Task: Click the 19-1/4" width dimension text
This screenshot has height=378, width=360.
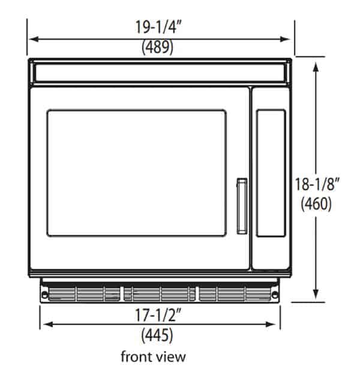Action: (158, 26)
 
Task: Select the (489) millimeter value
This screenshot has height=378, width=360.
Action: (158, 47)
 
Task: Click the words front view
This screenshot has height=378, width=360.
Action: (154, 356)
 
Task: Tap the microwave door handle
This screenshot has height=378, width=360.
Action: (241, 205)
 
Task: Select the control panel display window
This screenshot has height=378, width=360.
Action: (271, 172)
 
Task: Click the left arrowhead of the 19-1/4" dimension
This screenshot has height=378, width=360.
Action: (33, 39)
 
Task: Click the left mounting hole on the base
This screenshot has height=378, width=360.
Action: (44, 294)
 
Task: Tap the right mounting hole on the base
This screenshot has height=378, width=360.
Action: (275, 294)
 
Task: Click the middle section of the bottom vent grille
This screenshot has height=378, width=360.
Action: (160, 292)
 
